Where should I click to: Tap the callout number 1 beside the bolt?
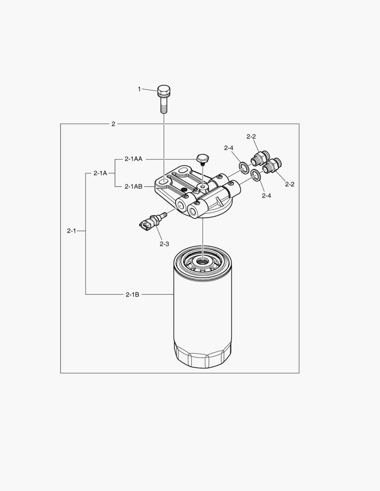(139, 89)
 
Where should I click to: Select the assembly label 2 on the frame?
(113, 124)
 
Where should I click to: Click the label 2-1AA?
(133, 159)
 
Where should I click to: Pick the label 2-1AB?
(133, 187)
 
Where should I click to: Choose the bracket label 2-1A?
(100, 173)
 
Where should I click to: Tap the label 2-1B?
(132, 294)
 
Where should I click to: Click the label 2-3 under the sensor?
(164, 244)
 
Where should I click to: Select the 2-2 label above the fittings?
(251, 136)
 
